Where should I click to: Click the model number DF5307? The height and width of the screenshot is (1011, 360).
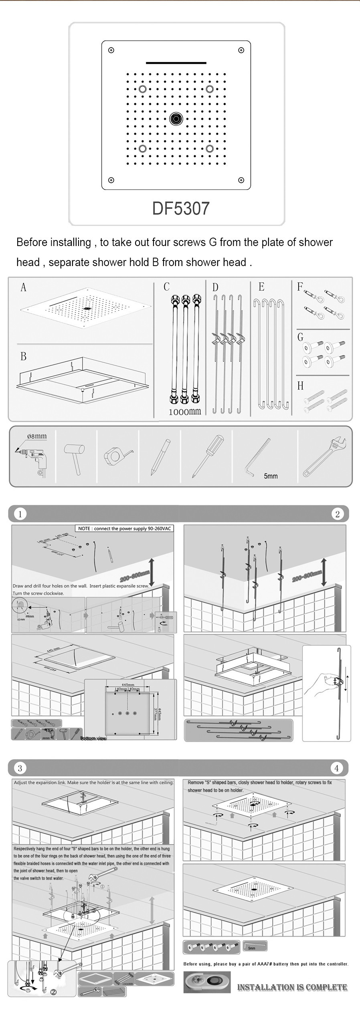pos(181,208)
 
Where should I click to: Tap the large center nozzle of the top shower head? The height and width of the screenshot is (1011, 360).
pos(176,118)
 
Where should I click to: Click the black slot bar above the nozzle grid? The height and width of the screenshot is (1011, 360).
pos(176,63)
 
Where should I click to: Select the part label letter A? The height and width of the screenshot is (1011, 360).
pos(23,287)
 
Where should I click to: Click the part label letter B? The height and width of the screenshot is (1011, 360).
pos(23,356)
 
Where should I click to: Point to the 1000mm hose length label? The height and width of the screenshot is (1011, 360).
pos(185,412)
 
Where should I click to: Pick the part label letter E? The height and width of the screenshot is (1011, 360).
pos(261,287)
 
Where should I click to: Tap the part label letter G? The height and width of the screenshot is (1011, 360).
pos(300,337)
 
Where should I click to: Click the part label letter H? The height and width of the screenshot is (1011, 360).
pos(300,386)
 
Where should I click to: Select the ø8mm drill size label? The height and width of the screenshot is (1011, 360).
pos(36,436)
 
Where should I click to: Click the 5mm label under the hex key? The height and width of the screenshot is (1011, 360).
pos(271,476)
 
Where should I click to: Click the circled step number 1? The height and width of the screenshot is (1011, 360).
pos(20,514)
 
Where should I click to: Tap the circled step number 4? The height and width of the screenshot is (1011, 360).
pos(336,768)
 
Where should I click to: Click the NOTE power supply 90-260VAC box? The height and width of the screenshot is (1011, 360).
pos(125,529)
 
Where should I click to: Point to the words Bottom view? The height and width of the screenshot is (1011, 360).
pos(93,738)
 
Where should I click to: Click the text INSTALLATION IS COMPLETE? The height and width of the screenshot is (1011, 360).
pos(292,988)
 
